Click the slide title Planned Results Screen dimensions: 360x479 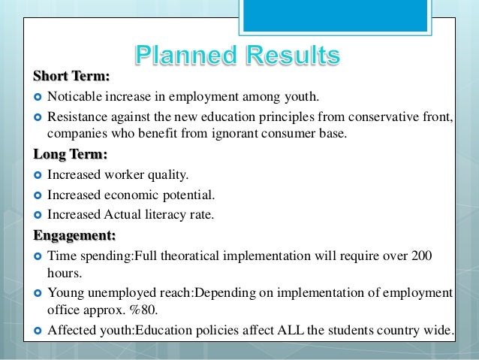(x=238, y=56)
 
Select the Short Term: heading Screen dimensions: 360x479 (x=71, y=76)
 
